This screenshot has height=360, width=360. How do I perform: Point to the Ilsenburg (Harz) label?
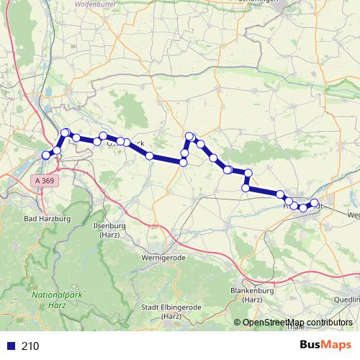(x=110, y=230)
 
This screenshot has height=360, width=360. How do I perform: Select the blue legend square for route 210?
(x=10, y=346)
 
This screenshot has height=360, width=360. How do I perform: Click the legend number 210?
(x=31, y=346)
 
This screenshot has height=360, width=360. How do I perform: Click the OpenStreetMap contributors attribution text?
(x=297, y=322)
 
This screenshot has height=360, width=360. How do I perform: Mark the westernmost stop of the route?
(x=47, y=155)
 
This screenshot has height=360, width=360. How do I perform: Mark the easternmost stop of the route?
(x=314, y=203)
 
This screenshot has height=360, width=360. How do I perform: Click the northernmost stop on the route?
(x=66, y=132)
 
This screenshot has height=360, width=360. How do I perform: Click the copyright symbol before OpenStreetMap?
(x=238, y=322)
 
